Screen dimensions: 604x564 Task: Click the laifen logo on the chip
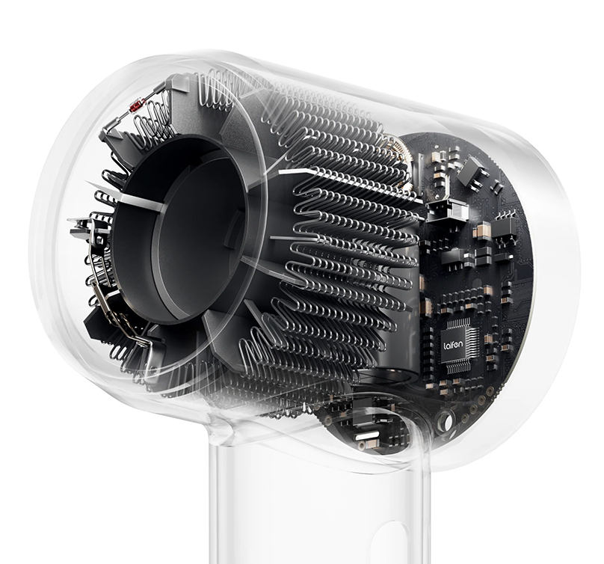pos(453,344)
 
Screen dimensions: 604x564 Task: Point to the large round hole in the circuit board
pos(446,420)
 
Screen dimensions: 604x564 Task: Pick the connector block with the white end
pos(449,211)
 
